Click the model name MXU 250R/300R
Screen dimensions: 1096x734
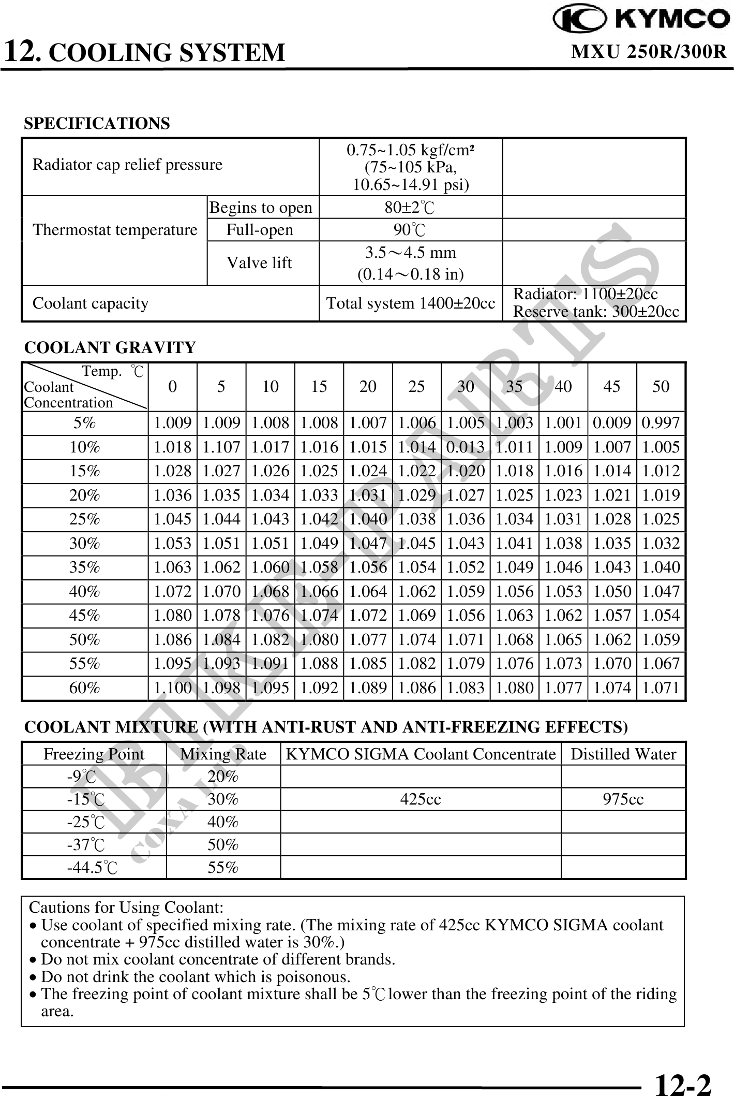(x=649, y=52)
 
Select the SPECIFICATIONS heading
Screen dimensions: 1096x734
(x=97, y=124)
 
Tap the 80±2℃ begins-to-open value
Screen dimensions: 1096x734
(x=410, y=208)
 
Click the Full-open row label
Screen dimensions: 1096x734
(x=260, y=230)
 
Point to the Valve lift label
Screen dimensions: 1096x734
(x=260, y=263)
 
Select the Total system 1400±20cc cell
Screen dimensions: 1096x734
(x=411, y=303)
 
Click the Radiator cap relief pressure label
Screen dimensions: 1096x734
(x=127, y=165)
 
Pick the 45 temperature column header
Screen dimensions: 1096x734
(x=612, y=387)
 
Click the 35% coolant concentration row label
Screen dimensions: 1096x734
(x=85, y=567)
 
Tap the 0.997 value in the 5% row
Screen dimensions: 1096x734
(x=661, y=423)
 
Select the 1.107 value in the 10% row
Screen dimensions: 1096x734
(x=221, y=447)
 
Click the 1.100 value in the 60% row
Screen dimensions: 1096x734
(x=173, y=688)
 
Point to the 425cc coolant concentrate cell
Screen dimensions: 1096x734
(x=421, y=799)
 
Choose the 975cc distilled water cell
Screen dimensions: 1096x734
(x=623, y=799)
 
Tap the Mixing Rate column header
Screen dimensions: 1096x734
(x=223, y=754)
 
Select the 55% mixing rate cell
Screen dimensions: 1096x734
(x=223, y=868)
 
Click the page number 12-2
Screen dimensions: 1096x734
(x=683, y=1083)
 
